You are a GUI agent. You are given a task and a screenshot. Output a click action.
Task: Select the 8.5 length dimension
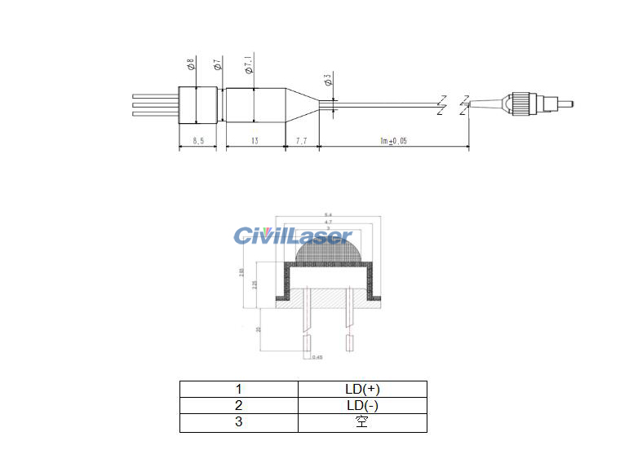click(x=197, y=142)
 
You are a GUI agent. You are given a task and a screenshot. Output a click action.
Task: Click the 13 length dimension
click(x=255, y=142)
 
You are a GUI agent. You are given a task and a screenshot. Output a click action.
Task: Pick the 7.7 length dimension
click(x=300, y=142)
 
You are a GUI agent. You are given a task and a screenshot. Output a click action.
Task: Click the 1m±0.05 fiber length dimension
click(x=392, y=142)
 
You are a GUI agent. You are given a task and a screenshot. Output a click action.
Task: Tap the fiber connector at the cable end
click(x=529, y=104)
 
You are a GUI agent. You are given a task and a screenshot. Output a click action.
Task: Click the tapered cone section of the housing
click(x=299, y=104)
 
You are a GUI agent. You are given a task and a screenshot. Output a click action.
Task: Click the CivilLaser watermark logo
click(x=292, y=236)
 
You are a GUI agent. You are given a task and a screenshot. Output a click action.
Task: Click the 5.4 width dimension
click(x=328, y=214)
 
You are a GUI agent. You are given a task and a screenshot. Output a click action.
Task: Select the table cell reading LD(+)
click(x=362, y=389)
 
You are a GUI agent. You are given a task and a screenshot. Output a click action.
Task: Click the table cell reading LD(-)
click(x=362, y=406)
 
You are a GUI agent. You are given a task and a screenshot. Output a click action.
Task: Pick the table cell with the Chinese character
click(x=362, y=423)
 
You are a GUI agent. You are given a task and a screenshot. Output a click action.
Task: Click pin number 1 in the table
click(x=239, y=389)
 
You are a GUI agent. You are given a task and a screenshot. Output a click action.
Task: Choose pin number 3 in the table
click(x=239, y=423)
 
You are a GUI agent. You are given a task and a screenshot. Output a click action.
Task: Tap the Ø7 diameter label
click(x=217, y=64)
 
